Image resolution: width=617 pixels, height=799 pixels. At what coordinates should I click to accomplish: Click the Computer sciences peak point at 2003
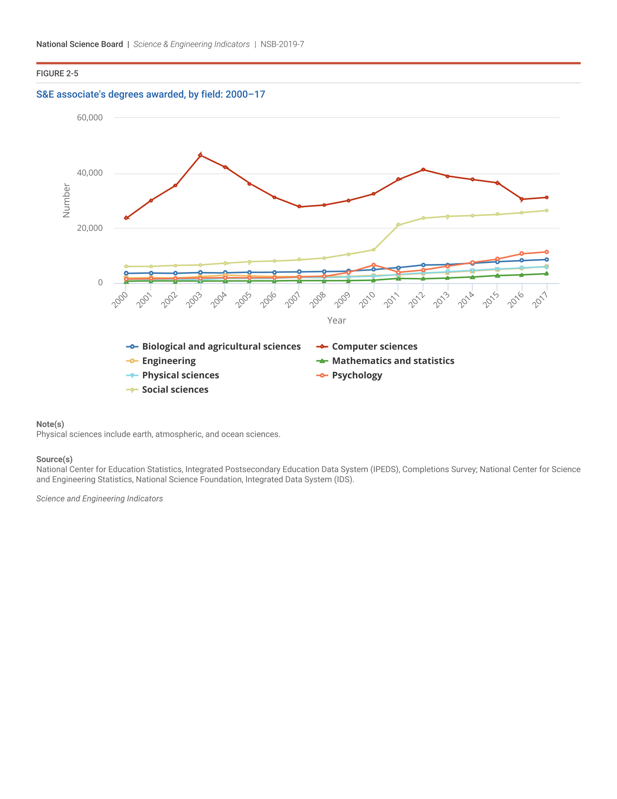click(200, 155)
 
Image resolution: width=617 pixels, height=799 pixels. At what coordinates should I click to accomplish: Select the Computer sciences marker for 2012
click(423, 170)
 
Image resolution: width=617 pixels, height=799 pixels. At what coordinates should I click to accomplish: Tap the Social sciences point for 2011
click(399, 224)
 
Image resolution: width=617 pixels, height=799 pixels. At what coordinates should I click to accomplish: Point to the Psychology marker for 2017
click(547, 252)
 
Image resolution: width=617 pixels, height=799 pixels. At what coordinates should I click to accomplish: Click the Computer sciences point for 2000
click(126, 218)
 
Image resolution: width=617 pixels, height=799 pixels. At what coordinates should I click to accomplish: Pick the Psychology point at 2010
click(373, 265)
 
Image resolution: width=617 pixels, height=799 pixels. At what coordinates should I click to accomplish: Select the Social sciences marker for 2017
click(547, 210)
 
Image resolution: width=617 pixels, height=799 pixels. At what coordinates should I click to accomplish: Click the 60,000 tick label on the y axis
click(90, 117)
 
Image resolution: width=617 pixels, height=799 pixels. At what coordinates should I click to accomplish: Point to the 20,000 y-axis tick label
click(90, 228)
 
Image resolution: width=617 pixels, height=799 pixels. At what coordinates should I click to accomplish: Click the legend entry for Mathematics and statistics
click(393, 361)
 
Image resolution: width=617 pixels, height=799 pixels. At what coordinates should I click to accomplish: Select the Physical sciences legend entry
click(180, 376)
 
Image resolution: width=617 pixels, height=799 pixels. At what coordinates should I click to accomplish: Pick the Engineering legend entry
click(168, 361)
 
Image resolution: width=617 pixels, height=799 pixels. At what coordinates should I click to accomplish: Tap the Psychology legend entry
click(357, 376)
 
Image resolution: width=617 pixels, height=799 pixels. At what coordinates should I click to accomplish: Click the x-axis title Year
click(337, 320)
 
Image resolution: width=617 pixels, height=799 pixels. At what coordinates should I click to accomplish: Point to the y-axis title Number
click(66, 200)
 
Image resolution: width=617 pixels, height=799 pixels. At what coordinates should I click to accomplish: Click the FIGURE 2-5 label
click(57, 73)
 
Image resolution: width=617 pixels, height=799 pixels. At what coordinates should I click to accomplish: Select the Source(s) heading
click(54, 459)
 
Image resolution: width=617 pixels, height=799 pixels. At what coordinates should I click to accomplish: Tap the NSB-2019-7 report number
click(282, 44)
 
